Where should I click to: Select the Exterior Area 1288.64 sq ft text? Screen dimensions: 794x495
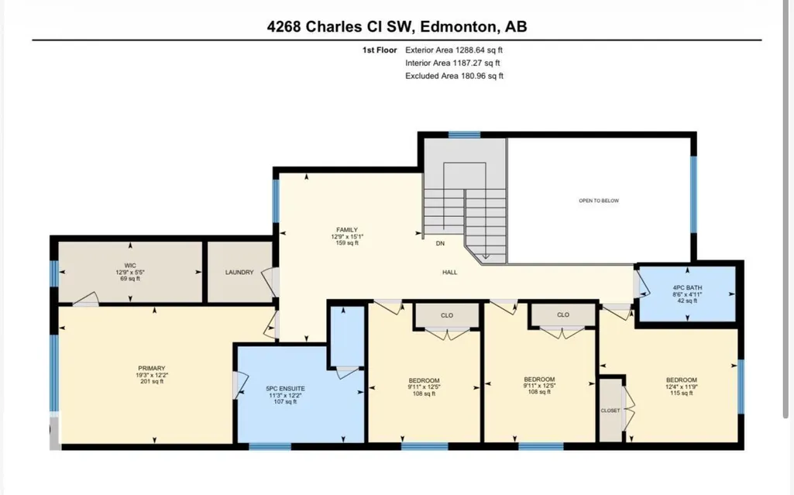tap(454, 50)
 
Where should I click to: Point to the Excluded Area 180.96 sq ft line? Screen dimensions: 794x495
tap(454, 76)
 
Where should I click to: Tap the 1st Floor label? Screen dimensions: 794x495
tap(380, 50)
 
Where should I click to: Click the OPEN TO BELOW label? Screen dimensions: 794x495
tap(599, 201)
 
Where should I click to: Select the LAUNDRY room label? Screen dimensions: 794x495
tap(239, 273)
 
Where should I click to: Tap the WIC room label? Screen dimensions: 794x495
tap(130, 265)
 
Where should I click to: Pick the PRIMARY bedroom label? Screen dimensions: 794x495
tap(152, 369)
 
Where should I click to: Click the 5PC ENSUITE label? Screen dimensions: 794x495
tap(286, 389)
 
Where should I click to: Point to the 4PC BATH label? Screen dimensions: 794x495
tap(687, 288)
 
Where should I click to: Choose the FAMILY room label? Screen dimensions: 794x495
tap(347, 230)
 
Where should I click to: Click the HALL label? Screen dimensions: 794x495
tap(449, 273)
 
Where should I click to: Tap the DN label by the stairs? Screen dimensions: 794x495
tap(441, 243)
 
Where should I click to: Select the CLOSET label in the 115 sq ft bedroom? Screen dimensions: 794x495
tap(610, 411)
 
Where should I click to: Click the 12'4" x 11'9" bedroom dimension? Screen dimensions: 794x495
tap(682, 387)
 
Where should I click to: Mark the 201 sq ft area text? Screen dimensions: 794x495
tap(152, 382)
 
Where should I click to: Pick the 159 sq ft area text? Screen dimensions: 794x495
tap(347, 243)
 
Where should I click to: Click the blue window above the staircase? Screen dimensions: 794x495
tap(464, 135)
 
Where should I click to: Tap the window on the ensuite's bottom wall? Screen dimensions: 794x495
tap(270, 446)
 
